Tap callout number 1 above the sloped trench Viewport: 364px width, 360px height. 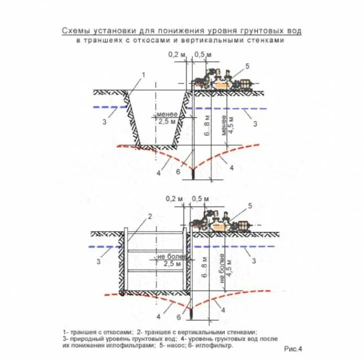[143, 74]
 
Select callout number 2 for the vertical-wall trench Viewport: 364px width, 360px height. [149, 216]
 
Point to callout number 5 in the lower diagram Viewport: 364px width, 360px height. [250, 206]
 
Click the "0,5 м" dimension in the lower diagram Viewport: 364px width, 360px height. [201, 199]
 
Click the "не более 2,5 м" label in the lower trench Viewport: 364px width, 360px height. [172, 260]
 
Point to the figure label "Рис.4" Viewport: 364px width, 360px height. [293, 348]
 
